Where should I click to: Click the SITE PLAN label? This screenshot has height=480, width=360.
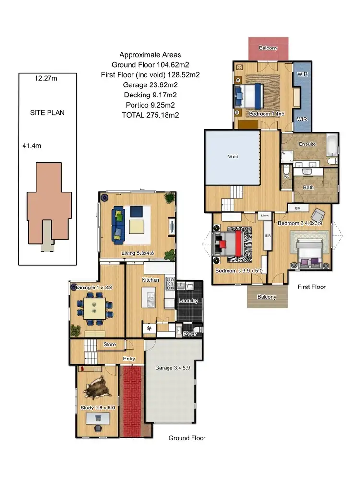(x=47, y=113)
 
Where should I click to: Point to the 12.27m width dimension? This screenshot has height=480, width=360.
(x=46, y=79)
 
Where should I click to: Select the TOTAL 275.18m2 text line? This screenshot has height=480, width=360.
(x=150, y=115)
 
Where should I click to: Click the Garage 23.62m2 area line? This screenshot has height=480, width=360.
(x=150, y=85)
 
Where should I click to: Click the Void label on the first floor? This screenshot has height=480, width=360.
(x=233, y=156)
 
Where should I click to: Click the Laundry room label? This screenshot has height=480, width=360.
(x=188, y=301)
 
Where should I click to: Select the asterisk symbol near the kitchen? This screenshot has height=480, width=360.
(x=149, y=329)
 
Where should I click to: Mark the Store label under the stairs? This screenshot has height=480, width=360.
(x=109, y=344)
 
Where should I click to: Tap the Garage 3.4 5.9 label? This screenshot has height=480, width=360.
(x=173, y=368)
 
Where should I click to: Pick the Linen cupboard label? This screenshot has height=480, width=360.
(x=265, y=216)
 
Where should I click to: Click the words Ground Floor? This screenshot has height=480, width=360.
(x=187, y=438)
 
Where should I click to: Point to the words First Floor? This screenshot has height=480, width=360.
(x=312, y=287)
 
